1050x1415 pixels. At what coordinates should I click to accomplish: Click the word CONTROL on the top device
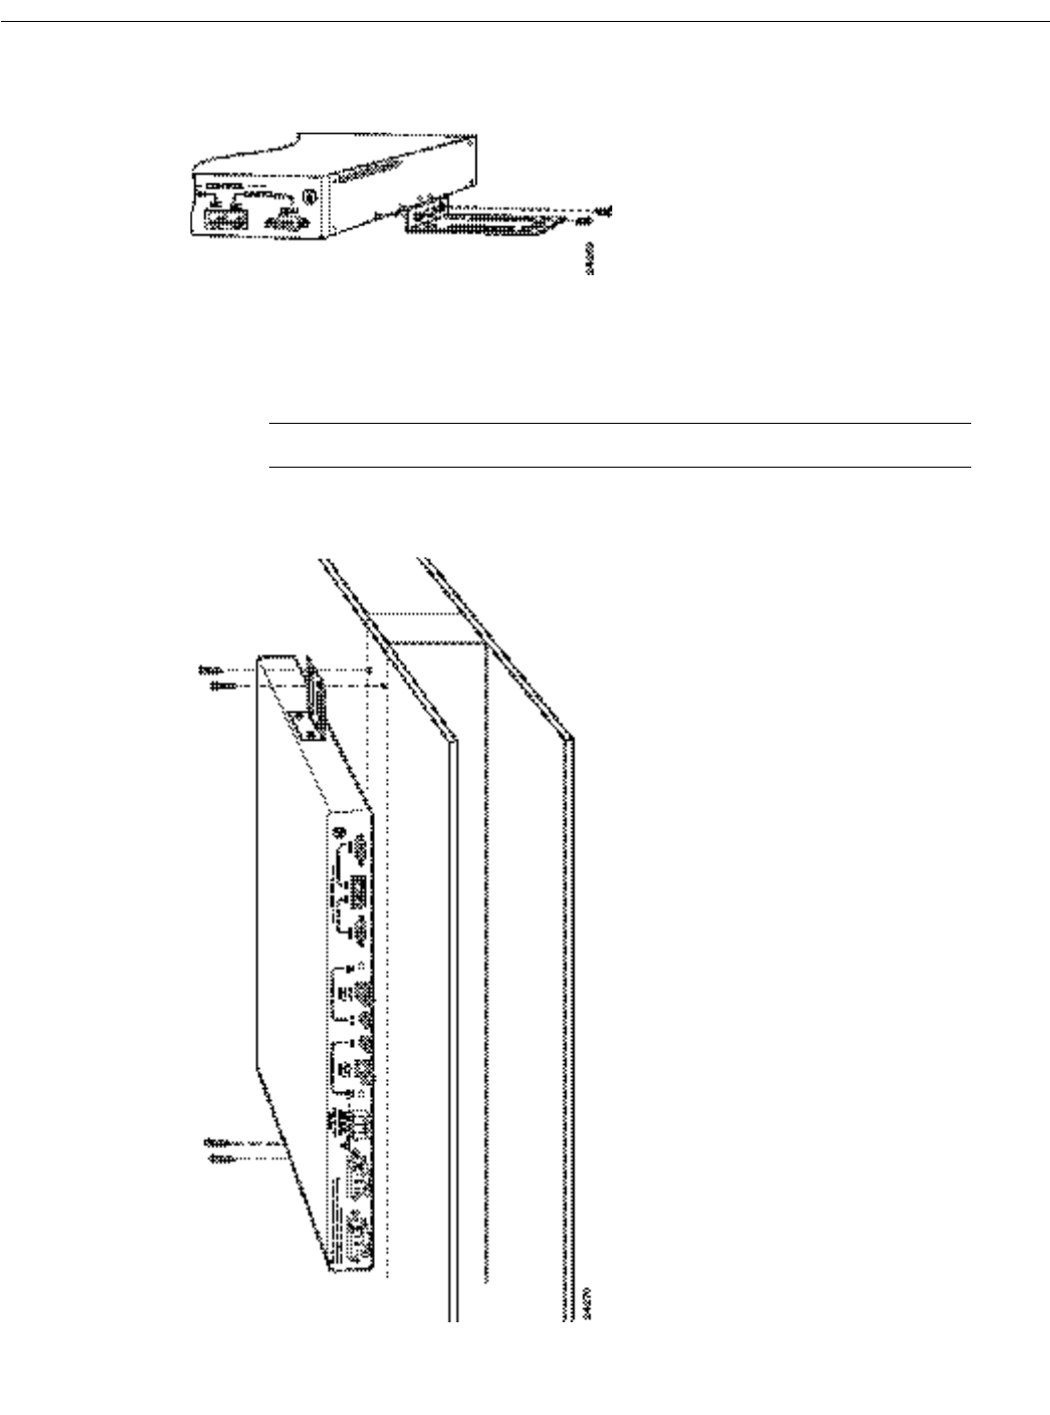[223, 186]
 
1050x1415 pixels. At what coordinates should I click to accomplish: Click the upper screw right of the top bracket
[602, 210]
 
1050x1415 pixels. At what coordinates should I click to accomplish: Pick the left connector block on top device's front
[223, 215]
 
